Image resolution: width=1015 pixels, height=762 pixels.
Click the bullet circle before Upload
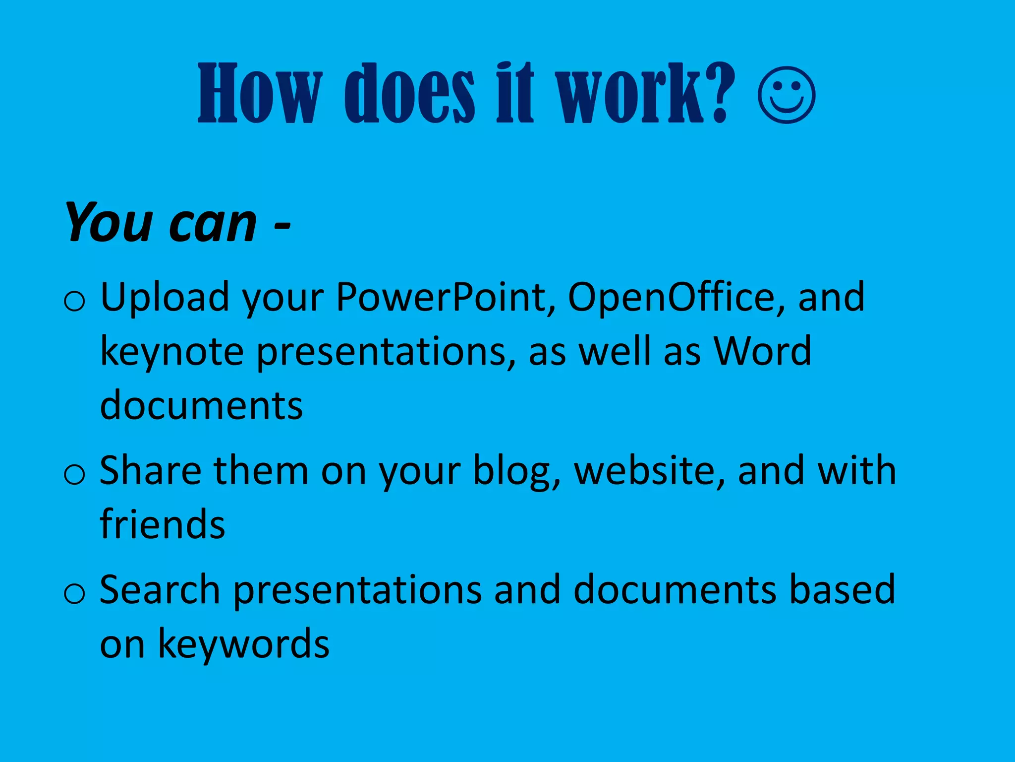point(74,301)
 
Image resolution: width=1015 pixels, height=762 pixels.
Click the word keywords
point(243,643)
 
